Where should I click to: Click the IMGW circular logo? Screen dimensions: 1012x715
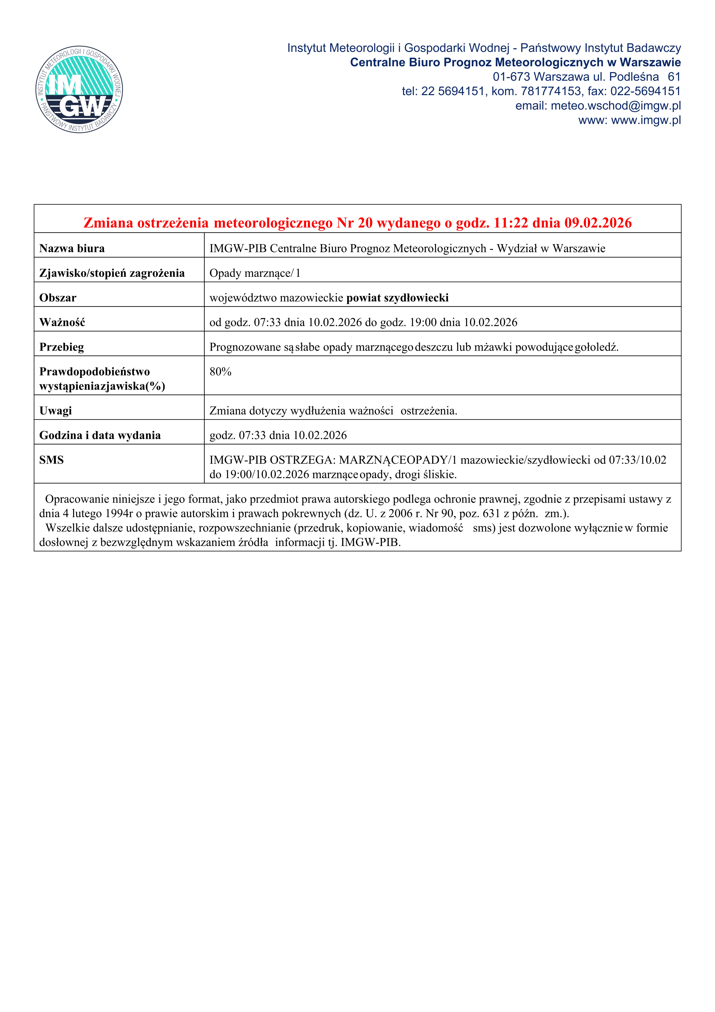pos(79,90)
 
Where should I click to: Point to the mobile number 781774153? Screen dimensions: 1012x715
pos(551,92)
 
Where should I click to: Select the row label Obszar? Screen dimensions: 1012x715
pos(58,298)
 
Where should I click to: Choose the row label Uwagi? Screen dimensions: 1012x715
pos(56,411)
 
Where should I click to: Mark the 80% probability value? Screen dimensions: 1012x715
pos(220,372)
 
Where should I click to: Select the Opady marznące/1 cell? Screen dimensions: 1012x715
pos(255,273)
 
